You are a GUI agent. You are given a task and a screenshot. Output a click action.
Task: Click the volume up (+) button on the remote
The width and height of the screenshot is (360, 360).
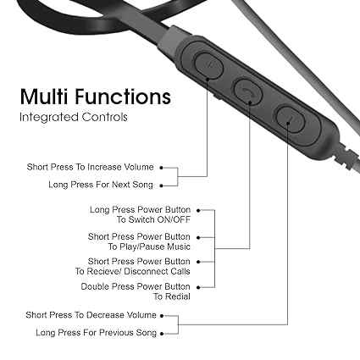click(x=208, y=65)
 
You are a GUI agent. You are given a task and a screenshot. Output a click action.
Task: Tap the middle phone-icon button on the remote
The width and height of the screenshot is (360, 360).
click(x=248, y=91)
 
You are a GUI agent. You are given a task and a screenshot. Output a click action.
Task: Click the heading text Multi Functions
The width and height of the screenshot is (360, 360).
click(x=96, y=97)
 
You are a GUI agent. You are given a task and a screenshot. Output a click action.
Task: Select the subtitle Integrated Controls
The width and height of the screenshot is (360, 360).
click(x=74, y=117)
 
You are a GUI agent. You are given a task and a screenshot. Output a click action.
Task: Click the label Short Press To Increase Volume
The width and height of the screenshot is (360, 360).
click(x=90, y=167)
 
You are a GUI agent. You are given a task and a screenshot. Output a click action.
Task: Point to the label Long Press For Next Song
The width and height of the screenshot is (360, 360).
click(x=101, y=185)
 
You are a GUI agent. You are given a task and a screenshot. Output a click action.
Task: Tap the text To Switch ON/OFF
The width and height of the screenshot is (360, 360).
click(x=153, y=219)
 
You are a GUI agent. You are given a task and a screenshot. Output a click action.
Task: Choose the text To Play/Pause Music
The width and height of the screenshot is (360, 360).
click(x=149, y=246)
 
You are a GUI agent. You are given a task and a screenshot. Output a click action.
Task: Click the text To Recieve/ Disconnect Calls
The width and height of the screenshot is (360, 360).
click(x=132, y=271)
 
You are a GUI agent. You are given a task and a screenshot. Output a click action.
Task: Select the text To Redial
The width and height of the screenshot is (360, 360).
click(x=172, y=296)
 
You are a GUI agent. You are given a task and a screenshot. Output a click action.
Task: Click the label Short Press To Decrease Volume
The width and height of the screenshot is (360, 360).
click(x=91, y=315)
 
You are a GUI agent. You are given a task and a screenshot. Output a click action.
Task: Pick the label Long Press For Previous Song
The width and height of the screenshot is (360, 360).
click(x=96, y=333)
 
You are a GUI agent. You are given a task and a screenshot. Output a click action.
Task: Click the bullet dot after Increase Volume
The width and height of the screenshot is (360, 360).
click(x=161, y=168)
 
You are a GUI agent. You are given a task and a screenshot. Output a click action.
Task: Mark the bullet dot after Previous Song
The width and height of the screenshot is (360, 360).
click(x=162, y=334)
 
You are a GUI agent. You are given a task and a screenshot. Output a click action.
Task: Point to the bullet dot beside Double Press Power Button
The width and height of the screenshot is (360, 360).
click(x=198, y=287)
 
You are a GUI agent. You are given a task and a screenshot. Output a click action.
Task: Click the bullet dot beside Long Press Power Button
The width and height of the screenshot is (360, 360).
click(x=198, y=210)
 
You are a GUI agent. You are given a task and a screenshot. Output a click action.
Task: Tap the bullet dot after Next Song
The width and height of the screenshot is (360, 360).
click(x=161, y=186)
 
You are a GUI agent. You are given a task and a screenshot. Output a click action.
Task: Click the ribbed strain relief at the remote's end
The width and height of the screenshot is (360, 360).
click(x=346, y=157)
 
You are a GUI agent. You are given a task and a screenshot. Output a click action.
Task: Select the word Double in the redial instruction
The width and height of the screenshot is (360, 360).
click(x=95, y=286)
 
